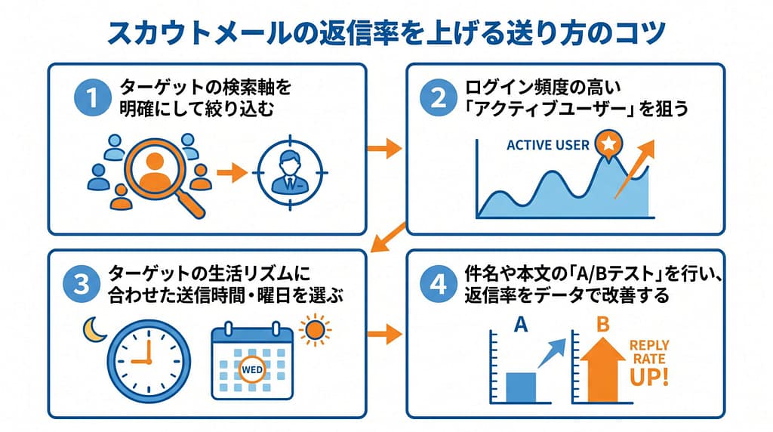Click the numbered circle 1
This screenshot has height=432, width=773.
[x=92, y=97]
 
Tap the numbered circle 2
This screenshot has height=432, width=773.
[x=439, y=97]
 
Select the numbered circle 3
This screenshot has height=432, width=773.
[x=82, y=284]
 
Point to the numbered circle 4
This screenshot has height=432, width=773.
[x=439, y=284]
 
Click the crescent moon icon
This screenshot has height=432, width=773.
[x=94, y=329]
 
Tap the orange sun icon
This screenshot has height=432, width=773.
[x=315, y=330]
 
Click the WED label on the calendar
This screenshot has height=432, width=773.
[x=252, y=370]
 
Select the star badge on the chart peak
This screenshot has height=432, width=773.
[x=609, y=144]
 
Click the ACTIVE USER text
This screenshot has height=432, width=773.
[x=548, y=145]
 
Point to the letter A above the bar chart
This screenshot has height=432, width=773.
[x=521, y=326]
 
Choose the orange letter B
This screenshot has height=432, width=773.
[x=602, y=325]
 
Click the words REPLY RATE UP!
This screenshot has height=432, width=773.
[x=649, y=363]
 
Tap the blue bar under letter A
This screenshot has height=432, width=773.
[x=521, y=388]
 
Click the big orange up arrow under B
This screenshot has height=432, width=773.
[x=602, y=369]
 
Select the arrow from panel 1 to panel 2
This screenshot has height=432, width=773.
[x=385, y=148]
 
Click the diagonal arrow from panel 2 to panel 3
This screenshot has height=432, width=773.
[x=387, y=236]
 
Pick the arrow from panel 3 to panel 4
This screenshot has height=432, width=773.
[x=385, y=335]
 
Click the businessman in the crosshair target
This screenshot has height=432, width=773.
[x=289, y=172]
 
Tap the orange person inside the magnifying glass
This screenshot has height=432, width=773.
[x=154, y=171]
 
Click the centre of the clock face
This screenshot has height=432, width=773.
[x=149, y=362]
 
